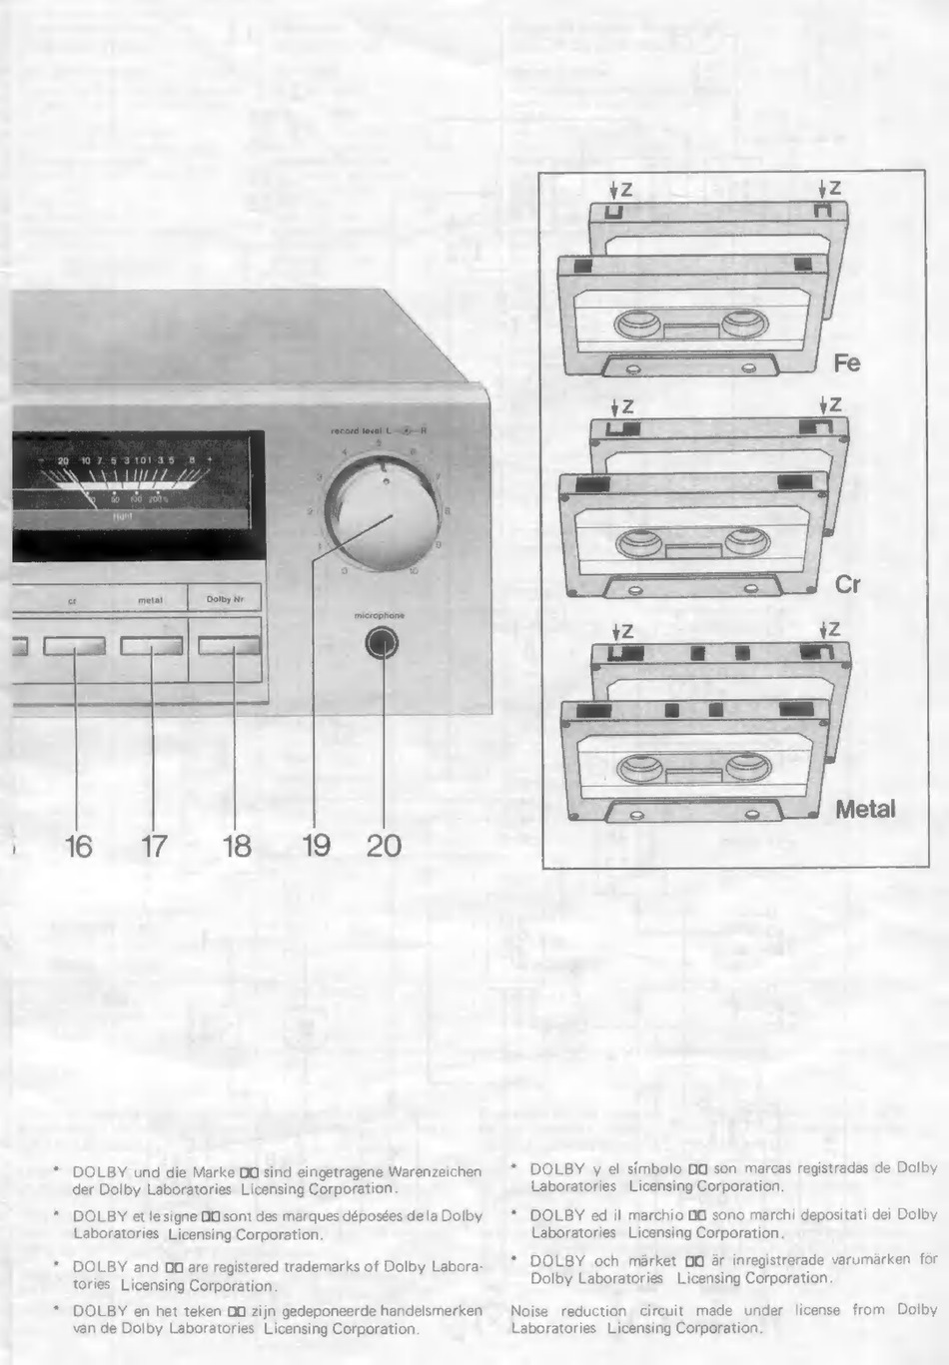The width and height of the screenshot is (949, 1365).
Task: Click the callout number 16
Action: pyautogui.click(x=79, y=847)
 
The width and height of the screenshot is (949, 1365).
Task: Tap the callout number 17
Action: pyautogui.click(x=154, y=847)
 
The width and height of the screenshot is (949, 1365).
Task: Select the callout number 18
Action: pyautogui.click(x=237, y=847)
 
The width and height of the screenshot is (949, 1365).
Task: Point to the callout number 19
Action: pyautogui.click(x=317, y=846)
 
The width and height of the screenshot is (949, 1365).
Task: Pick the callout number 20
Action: pyautogui.click(x=384, y=846)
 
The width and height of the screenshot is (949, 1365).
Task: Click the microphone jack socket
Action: pyautogui.click(x=382, y=644)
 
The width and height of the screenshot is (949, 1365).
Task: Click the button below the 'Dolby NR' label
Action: pyautogui.click(x=229, y=646)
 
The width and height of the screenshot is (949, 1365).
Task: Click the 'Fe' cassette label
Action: pyautogui.click(x=847, y=363)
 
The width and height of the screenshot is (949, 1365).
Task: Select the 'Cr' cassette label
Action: pyautogui.click(x=847, y=584)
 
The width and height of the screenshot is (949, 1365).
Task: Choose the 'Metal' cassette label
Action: pyautogui.click(x=865, y=809)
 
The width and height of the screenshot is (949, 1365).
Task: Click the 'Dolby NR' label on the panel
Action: pyautogui.click(x=225, y=599)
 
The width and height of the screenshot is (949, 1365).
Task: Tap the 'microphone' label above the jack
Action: pyautogui.click(x=380, y=616)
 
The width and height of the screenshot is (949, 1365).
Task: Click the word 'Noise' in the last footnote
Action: pyautogui.click(x=529, y=1310)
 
